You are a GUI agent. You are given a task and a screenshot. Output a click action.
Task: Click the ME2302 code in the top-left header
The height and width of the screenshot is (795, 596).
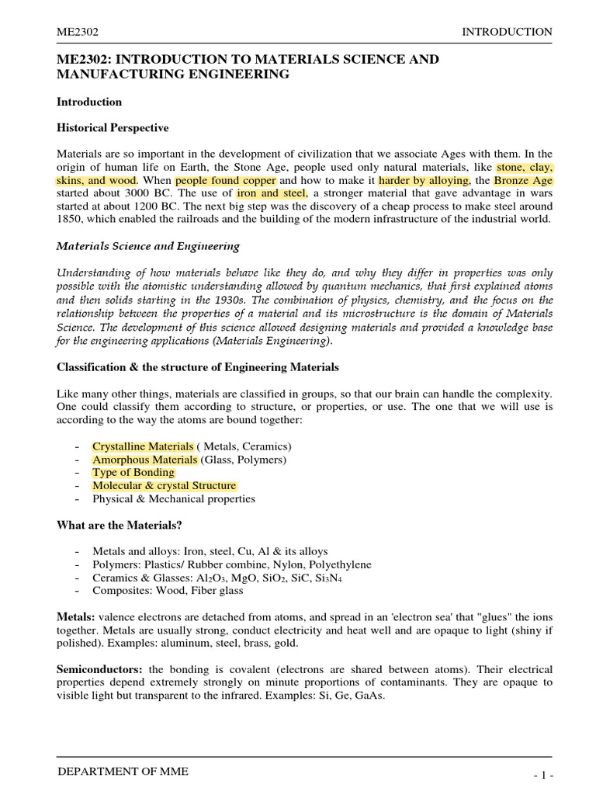tap(78, 32)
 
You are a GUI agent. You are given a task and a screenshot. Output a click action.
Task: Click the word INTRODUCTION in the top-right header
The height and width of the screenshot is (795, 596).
tap(507, 32)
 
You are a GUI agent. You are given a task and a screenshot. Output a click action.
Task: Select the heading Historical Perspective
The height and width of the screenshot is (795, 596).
tap(113, 127)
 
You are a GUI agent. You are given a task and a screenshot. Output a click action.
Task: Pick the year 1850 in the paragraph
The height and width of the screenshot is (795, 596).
tap(71, 220)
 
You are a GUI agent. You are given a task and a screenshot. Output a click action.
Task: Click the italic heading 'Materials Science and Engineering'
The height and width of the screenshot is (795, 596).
tap(148, 246)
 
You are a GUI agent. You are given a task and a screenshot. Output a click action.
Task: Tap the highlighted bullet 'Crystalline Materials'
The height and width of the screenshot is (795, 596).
tap(143, 446)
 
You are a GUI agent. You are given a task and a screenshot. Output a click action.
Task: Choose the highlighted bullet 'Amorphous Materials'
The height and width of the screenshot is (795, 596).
tap(144, 460)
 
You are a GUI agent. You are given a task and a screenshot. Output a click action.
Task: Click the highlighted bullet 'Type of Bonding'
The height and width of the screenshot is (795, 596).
tap(133, 473)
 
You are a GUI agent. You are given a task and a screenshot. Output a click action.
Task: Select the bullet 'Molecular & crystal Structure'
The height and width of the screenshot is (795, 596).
tap(164, 486)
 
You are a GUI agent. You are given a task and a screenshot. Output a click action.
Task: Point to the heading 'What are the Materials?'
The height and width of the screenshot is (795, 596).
tap(120, 526)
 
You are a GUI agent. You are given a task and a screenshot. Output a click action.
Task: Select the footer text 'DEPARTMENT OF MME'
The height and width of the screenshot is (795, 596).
tap(123, 771)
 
